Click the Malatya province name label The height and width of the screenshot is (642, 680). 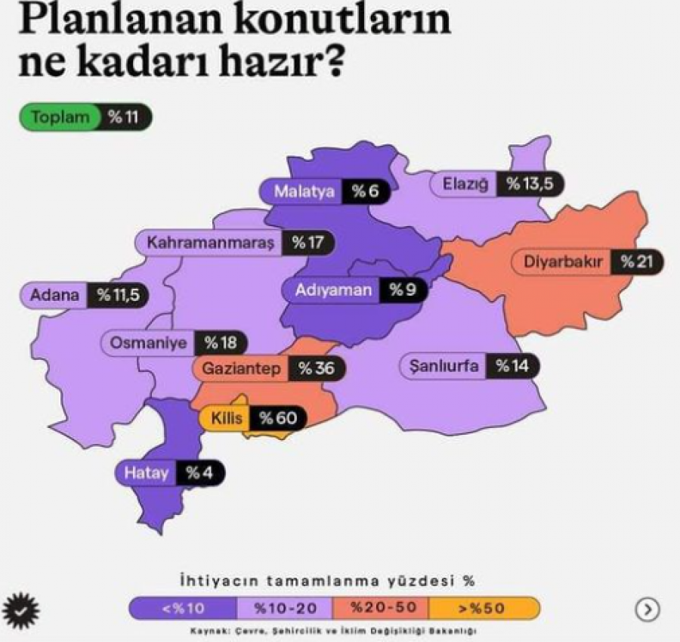[304, 191]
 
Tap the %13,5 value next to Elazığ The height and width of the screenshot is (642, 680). [532, 184]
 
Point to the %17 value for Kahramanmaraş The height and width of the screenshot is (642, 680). [308, 243]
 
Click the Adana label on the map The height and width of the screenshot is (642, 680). [54, 295]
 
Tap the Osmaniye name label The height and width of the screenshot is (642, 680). [148, 343]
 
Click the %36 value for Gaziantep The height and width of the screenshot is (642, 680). [315, 368]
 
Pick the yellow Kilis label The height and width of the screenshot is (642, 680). [225, 417]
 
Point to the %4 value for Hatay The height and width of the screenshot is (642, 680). [199, 473]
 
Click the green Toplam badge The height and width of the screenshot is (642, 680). [60, 117]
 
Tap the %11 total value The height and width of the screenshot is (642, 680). [125, 117]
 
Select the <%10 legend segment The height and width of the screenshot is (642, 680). [182, 608]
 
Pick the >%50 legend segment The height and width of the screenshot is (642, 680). [484, 608]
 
